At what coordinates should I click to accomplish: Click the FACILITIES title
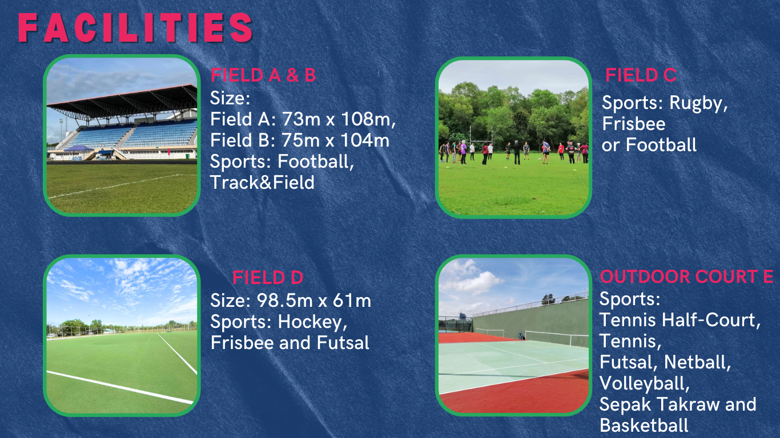(x=135, y=28)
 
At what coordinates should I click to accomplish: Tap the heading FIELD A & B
(x=263, y=75)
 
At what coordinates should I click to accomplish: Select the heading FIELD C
(x=641, y=75)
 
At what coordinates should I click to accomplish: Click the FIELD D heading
(x=268, y=278)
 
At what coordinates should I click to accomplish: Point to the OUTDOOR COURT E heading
(x=687, y=277)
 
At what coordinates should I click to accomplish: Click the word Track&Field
(x=262, y=182)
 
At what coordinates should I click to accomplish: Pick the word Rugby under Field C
(x=698, y=103)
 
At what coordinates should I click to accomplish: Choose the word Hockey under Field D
(x=313, y=322)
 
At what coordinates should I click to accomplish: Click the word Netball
(x=697, y=363)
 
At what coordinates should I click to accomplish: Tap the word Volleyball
(x=645, y=384)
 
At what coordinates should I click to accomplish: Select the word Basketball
(x=644, y=425)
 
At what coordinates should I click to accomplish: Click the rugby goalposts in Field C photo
(x=481, y=135)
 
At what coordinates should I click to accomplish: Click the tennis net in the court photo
(x=556, y=338)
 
